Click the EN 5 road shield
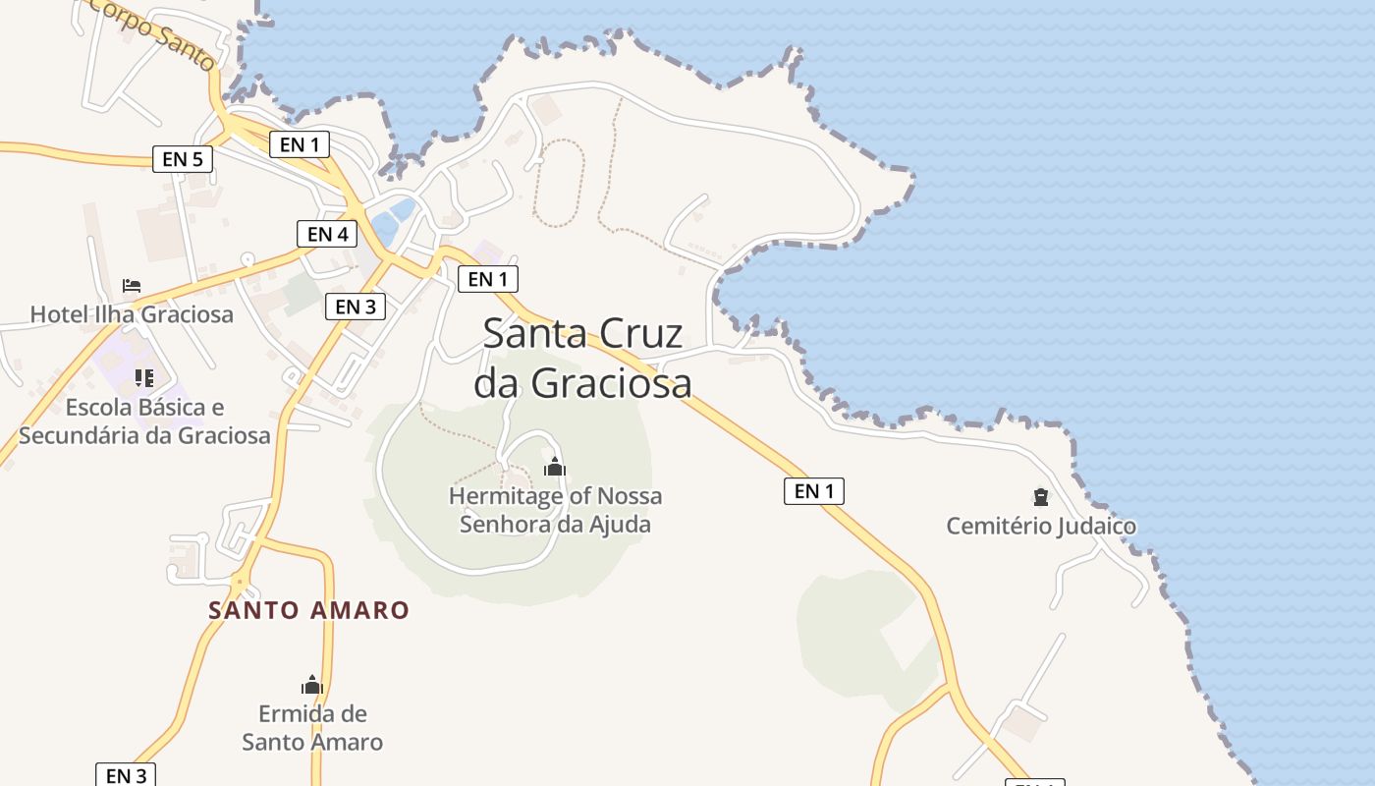(182, 158)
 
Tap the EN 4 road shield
(327, 234)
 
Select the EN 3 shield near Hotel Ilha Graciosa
(355, 307)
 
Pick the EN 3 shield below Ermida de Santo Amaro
(126, 775)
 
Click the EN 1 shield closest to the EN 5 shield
(300, 144)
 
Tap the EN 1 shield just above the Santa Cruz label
(487, 279)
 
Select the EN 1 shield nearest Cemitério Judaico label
(813, 490)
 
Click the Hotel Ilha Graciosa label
(132, 314)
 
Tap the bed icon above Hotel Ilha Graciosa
(132, 286)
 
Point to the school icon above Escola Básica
(144, 378)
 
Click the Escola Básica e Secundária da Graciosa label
(144, 421)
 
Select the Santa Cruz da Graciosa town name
(582, 359)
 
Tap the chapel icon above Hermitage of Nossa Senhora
(555, 467)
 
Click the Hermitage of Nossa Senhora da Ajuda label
(555, 510)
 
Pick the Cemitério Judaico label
(1041, 527)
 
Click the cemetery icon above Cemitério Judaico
(1040, 497)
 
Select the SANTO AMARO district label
(308, 610)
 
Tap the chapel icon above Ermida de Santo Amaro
(312, 685)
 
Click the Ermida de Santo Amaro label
(312, 727)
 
